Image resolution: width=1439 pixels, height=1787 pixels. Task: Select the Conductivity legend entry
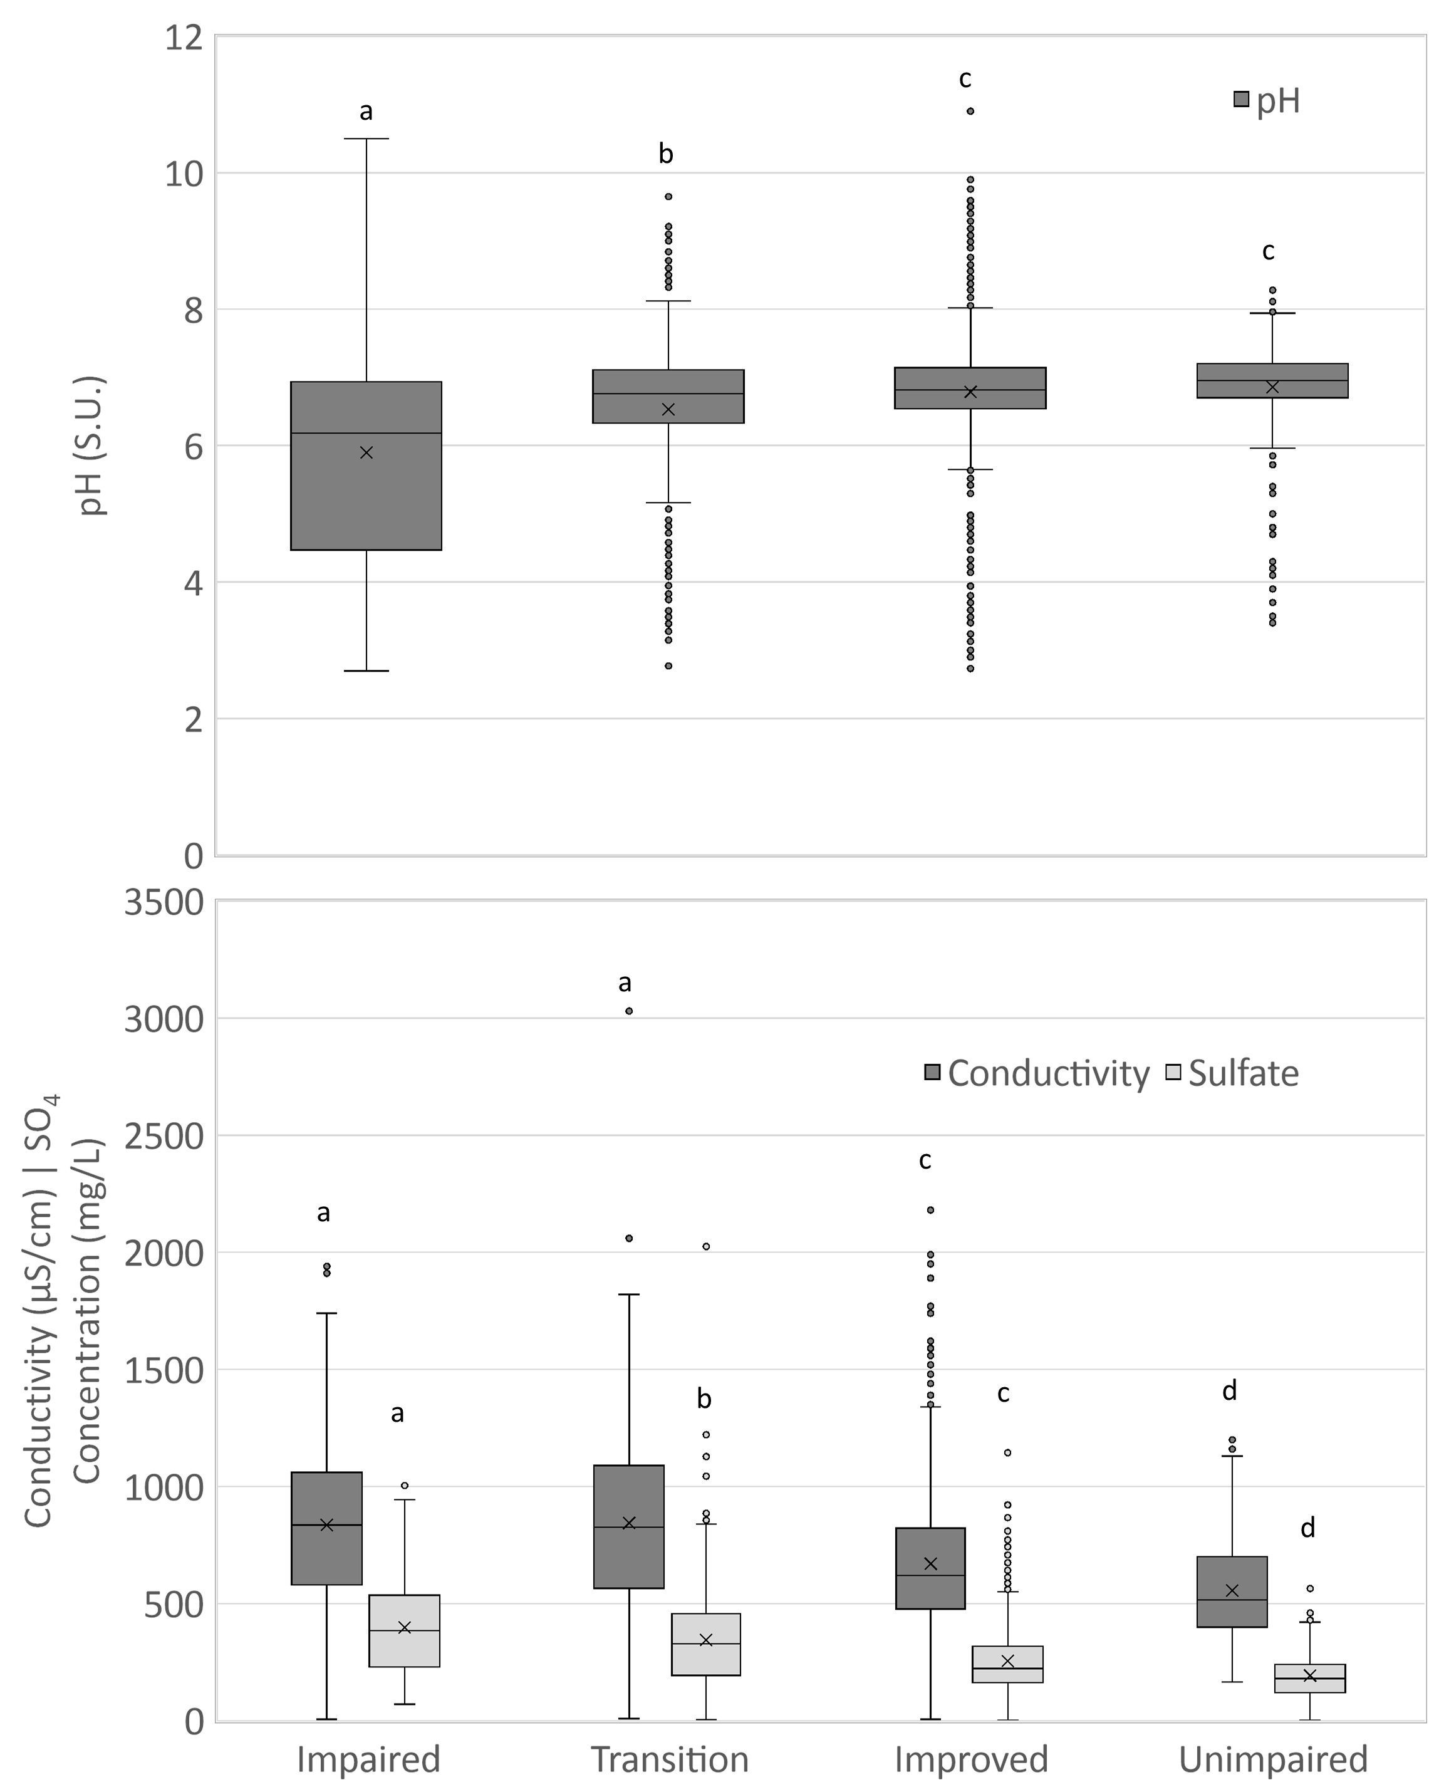click(x=1036, y=1073)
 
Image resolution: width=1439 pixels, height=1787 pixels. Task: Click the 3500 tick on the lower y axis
click(x=164, y=903)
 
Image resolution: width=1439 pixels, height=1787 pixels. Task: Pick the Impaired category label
click(x=368, y=1759)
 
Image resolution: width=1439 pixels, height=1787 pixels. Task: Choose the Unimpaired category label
click(x=1272, y=1759)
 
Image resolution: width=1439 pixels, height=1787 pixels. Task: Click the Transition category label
click(x=669, y=1759)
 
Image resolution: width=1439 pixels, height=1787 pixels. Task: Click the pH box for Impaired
click(x=366, y=498)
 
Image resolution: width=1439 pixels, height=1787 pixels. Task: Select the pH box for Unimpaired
click(x=1272, y=380)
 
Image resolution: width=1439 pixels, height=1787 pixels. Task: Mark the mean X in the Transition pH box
click(x=668, y=409)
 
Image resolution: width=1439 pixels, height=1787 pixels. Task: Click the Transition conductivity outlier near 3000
click(x=629, y=1011)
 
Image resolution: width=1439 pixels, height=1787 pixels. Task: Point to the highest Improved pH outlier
click(x=970, y=111)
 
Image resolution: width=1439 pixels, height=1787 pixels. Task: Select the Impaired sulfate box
click(x=405, y=1630)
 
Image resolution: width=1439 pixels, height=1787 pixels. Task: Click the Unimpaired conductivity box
click(x=1232, y=1592)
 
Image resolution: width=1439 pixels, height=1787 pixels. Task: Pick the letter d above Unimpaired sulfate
click(x=1307, y=1528)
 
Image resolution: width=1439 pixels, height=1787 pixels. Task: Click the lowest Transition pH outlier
click(x=668, y=665)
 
